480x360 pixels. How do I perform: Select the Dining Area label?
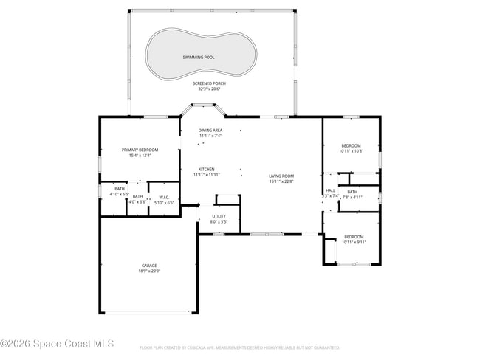click(210, 130)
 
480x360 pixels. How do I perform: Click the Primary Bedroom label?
click(140, 150)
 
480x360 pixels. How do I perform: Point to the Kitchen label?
click(206, 169)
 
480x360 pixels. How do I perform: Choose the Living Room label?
click(281, 176)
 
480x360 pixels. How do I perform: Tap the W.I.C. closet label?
click(165, 197)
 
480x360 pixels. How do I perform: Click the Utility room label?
click(219, 216)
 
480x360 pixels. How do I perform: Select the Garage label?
click(149, 265)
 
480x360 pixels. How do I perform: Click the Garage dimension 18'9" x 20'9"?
click(149, 271)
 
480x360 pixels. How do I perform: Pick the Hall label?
click(330, 190)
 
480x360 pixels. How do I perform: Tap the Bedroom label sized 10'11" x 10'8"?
click(351, 145)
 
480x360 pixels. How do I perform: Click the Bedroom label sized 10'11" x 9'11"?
click(354, 237)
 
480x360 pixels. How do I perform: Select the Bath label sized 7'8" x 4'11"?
click(352, 192)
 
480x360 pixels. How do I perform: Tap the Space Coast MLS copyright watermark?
click(57, 344)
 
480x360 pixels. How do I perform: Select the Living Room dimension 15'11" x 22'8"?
click(281, 181)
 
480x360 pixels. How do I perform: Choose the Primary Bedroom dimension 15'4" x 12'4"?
click(140, 156)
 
